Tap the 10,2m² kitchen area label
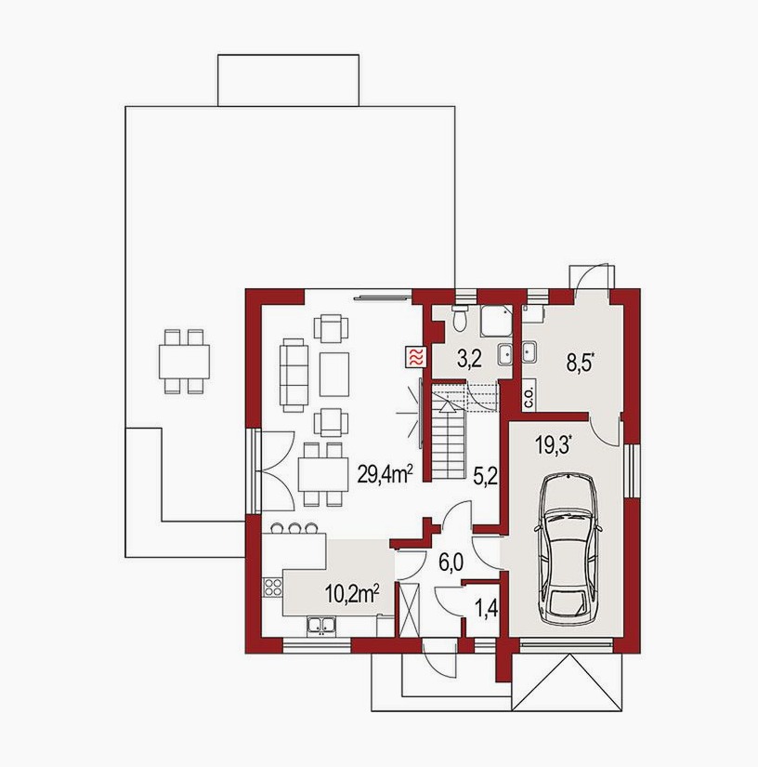pos(353,595)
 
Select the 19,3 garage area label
pos(554,446)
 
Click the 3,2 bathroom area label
pos(469,359)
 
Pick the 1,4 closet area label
pos(486,609)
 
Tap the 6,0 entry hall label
pos(451,562)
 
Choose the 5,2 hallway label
pos(485,475)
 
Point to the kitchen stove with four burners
pos(273,587)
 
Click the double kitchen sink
pos(321,626)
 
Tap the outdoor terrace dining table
pos(184,362)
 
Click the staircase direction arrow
pos(447,400)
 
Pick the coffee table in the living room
pos(334,375)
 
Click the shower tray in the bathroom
pos(495,321)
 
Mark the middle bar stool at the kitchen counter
pos(294,528)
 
